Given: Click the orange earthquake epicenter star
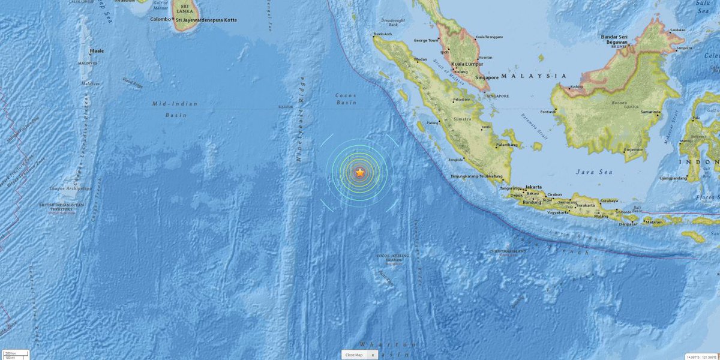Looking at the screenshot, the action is (359, 173).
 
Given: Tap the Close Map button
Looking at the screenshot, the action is (353, 355).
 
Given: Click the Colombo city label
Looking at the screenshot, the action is (160, 19).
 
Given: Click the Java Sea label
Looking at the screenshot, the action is (594, 172).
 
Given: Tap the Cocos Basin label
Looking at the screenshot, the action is (346, 99).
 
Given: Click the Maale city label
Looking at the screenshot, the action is (96, 51).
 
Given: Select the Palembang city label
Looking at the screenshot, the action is (506, 145).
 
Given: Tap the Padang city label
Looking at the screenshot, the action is (432, 123).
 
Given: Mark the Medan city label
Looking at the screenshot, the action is (420, 59).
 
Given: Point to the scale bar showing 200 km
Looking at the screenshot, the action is (10, 353).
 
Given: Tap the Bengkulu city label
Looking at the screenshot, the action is (456, 160).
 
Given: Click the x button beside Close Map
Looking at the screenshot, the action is (372, 355).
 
